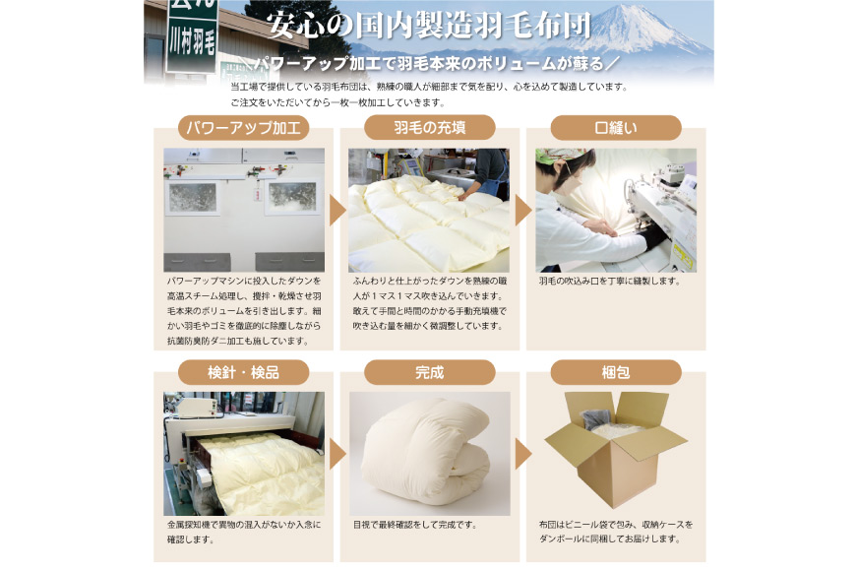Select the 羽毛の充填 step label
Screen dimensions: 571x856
point(429,128)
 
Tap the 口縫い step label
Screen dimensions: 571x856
point(615,128)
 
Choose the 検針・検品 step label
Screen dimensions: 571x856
point(243,372)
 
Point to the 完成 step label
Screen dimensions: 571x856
point(429,372)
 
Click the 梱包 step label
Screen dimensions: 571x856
point(615,372)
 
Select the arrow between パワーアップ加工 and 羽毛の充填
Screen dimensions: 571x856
point(336,210)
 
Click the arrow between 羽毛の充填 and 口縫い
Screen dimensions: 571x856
point(522,210)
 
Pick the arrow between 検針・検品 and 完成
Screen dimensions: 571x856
point(336,454)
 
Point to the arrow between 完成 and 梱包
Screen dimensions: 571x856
point(522,454)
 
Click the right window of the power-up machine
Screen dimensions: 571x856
point(291,195)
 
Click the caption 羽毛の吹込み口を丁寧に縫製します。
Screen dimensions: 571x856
point(609,282)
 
